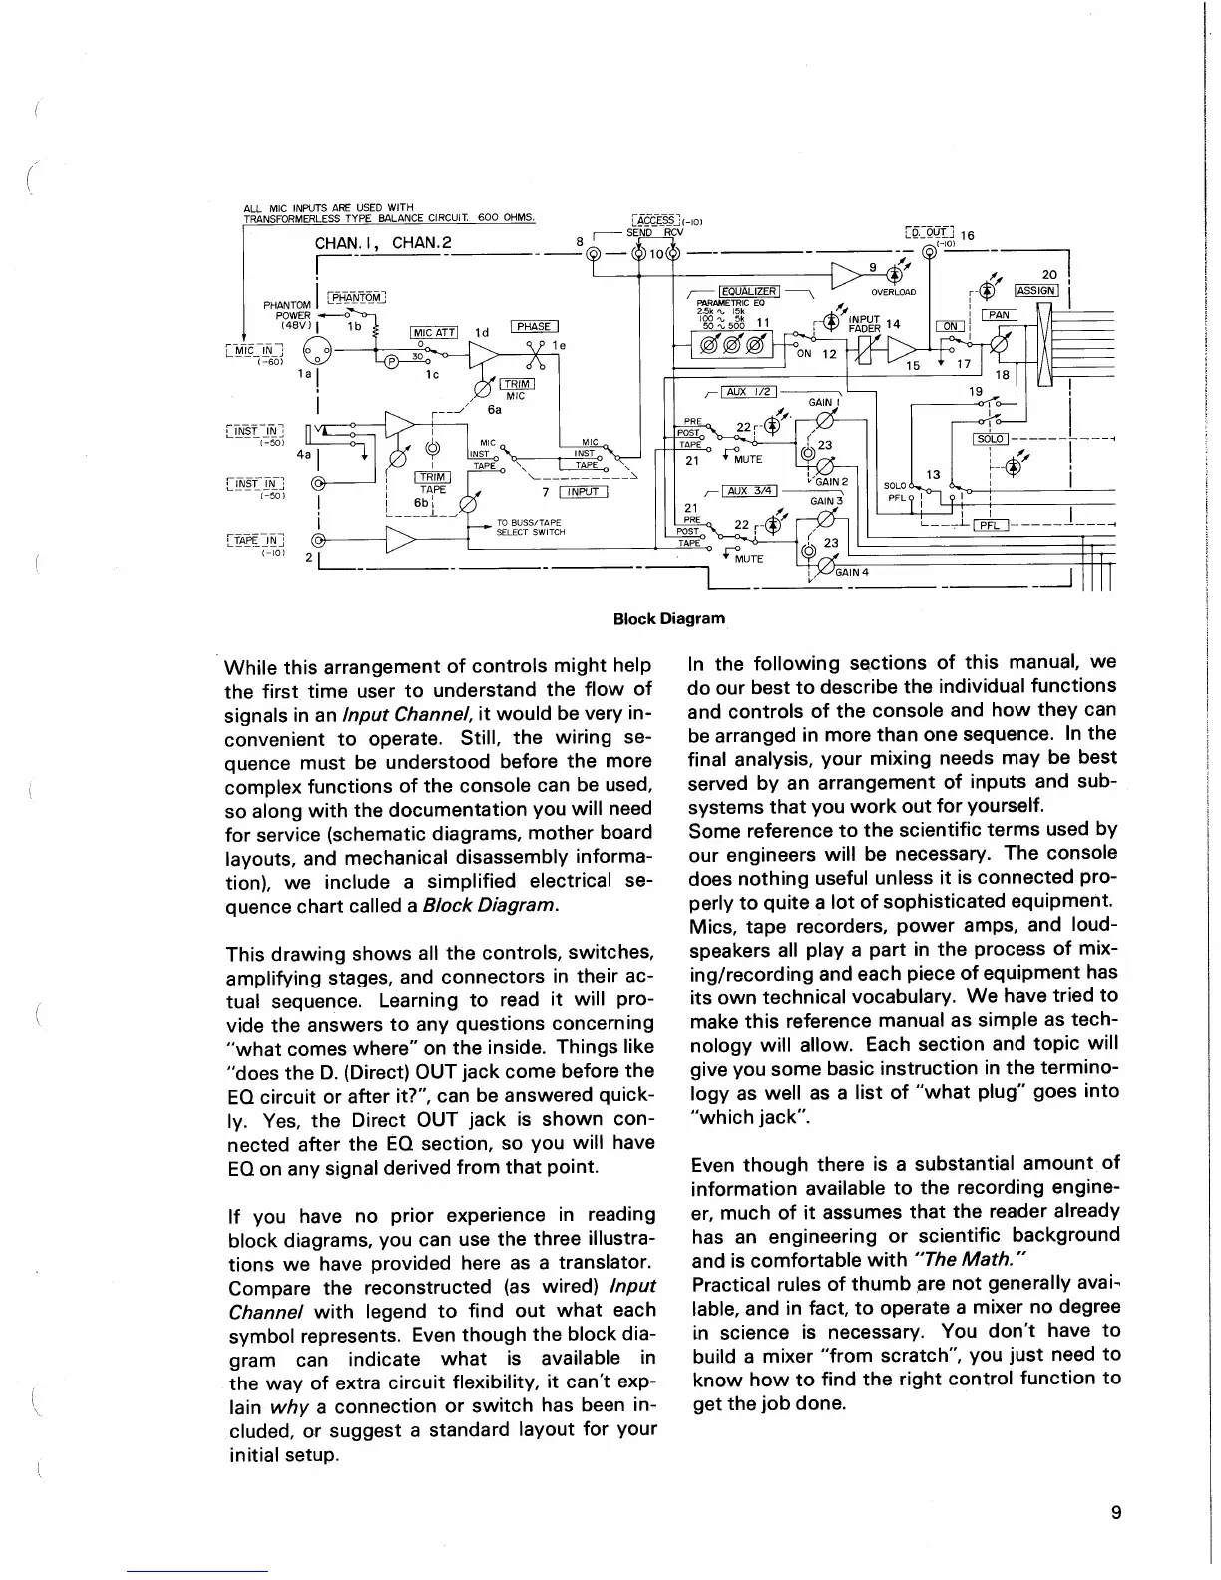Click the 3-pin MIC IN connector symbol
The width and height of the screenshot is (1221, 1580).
[316, 352]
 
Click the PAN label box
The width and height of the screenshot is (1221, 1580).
[1000, 315]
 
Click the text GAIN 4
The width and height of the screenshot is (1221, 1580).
[852, 572]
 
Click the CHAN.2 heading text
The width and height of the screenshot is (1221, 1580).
[416, 244]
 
